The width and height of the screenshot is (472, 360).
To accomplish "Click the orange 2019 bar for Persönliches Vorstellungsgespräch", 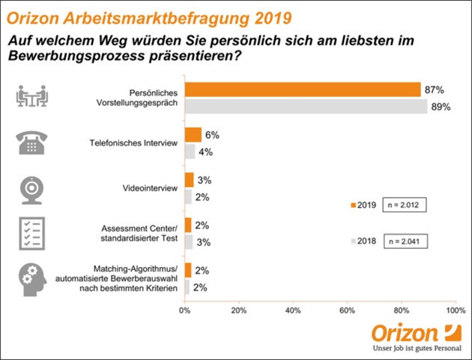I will [303, 90].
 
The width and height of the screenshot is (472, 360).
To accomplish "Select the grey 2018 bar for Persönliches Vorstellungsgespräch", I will [306, 106].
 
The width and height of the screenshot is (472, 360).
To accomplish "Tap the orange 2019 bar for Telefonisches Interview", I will [193, 135].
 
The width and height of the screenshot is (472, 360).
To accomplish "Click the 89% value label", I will [440, 107].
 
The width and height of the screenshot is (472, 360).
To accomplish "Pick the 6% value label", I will [212, 134].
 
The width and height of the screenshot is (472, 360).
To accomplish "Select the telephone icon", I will [32, 142].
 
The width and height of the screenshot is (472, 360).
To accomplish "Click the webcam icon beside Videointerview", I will [32, 188].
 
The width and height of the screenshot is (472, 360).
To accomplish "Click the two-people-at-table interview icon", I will [32, 97].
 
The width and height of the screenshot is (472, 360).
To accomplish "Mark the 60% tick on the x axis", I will [347, 308].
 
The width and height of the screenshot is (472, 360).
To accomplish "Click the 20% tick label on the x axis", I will [239, 308].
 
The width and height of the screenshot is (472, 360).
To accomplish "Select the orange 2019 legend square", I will [352, 204].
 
